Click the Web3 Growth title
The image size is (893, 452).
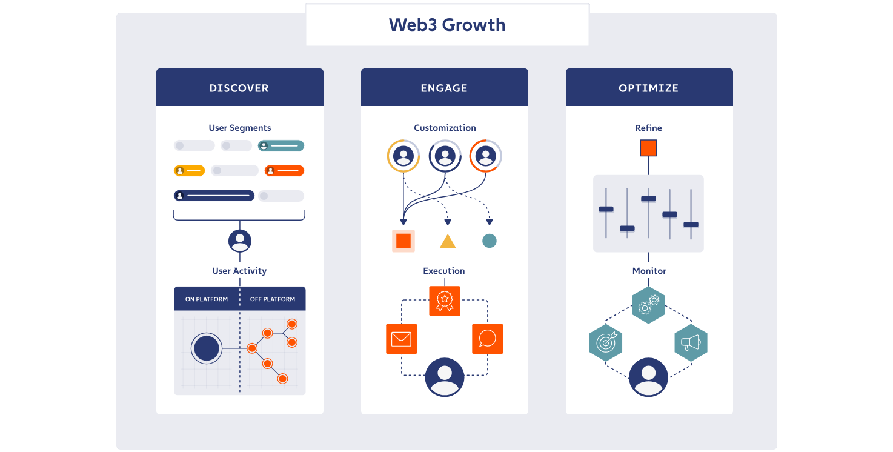tap(447, 25)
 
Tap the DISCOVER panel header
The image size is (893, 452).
tap(239, 88)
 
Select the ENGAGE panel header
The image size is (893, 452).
tap(444, 88)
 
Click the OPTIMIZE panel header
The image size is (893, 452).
tap(649, 88)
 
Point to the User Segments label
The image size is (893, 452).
tap(240, 128)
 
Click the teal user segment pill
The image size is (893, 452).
tap(281, 146)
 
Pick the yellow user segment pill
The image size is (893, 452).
tap(189, 171)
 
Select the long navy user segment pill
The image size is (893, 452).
tap(214, 196)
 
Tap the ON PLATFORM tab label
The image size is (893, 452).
tap(207, 299)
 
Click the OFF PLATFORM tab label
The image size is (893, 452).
tap(273, 299)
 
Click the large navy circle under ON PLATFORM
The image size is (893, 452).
tap(206, 349)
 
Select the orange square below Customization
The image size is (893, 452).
tap(403, 241)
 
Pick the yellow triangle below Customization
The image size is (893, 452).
tap(448, 242)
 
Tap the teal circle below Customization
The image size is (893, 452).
tap(490, 241)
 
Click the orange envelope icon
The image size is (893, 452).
tap(401, 339)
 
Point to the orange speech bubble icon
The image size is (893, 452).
tap(487, 339)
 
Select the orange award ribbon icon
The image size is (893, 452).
tap(445, 301)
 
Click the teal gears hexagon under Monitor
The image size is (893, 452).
tap(648, 305)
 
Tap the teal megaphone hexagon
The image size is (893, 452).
tap(691, 343)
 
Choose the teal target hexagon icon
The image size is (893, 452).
tap(606, 343)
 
